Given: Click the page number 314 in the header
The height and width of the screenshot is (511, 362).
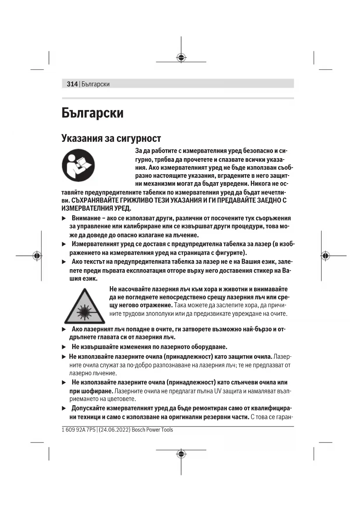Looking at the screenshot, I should point(72,84).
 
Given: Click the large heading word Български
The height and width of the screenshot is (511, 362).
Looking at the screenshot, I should point(92,113).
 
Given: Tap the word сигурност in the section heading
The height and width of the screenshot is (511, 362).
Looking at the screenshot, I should point(139,138).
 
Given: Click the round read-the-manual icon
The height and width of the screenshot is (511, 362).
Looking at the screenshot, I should point(78,165).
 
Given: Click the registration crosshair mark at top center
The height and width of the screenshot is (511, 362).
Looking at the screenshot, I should point(181,58).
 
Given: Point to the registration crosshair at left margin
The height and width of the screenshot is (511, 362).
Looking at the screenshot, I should point(37,256).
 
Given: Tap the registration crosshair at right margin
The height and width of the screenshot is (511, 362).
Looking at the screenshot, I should point(326,256).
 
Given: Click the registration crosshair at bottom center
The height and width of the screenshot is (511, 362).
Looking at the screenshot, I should point(181,454).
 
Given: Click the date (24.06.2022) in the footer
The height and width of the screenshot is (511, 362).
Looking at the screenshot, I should point(114,430).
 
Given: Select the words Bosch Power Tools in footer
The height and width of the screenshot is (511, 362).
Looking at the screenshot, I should point(152,430).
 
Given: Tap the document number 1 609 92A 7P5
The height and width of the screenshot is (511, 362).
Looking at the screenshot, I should point(78,430).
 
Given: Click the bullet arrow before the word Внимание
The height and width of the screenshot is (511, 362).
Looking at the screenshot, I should point(64,219).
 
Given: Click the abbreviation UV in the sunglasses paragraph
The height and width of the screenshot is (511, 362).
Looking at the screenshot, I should point(218,391).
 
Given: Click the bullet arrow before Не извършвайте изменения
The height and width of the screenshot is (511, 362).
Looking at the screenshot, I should point(64,347).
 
